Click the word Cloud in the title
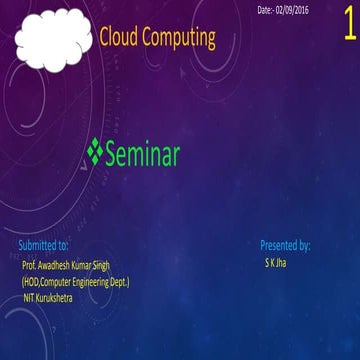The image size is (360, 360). coord(120,38)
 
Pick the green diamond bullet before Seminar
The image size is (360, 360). coord(95,152)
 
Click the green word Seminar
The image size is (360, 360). coord(142,154)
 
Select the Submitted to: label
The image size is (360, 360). coord(44,245)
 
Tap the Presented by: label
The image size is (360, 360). coord(285,245)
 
